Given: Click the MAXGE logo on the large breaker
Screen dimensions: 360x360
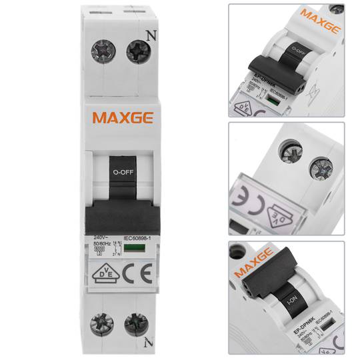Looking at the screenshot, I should point(123,118).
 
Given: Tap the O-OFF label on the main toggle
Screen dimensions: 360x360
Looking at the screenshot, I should point(121,171).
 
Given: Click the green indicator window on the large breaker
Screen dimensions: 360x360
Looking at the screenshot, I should point(135,247).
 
